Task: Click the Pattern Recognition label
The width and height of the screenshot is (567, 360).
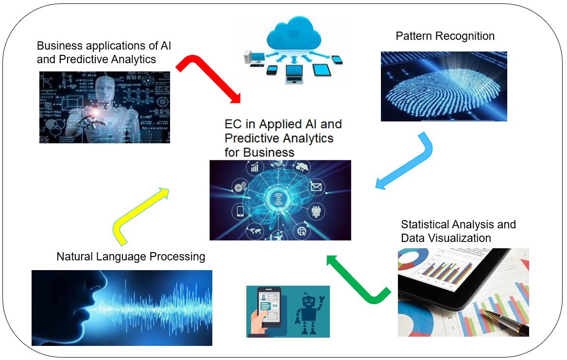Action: click(445, 36)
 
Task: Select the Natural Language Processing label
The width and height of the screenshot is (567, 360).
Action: click(131, 256)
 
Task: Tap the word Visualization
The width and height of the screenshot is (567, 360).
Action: click(460, 238)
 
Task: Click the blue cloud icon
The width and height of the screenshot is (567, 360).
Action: click(292, 32)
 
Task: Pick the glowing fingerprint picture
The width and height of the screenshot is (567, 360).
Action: click(444, 86)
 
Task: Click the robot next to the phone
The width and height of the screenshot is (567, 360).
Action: click(308, 311)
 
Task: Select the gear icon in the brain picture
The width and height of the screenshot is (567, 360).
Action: click(240, 187)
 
